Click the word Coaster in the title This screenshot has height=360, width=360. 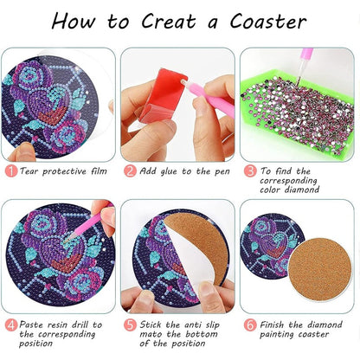coord(268,22)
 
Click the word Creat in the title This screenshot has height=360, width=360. coord(170,21)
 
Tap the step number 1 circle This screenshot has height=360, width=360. coord(11,171)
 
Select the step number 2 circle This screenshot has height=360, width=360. coord(130,171)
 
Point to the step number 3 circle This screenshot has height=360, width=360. coord(250,171)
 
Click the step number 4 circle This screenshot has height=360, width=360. coord(11,325)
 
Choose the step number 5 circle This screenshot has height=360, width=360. coord(130,325)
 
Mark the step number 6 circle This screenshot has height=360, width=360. coord(250,325)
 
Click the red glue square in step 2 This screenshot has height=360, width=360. coord(163,95)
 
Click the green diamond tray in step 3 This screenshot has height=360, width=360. coord(297,115)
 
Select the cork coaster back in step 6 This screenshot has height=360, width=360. coord(320,270)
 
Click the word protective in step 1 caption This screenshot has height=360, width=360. coord(65,172)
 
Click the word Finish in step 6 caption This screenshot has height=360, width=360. coord(273,325)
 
